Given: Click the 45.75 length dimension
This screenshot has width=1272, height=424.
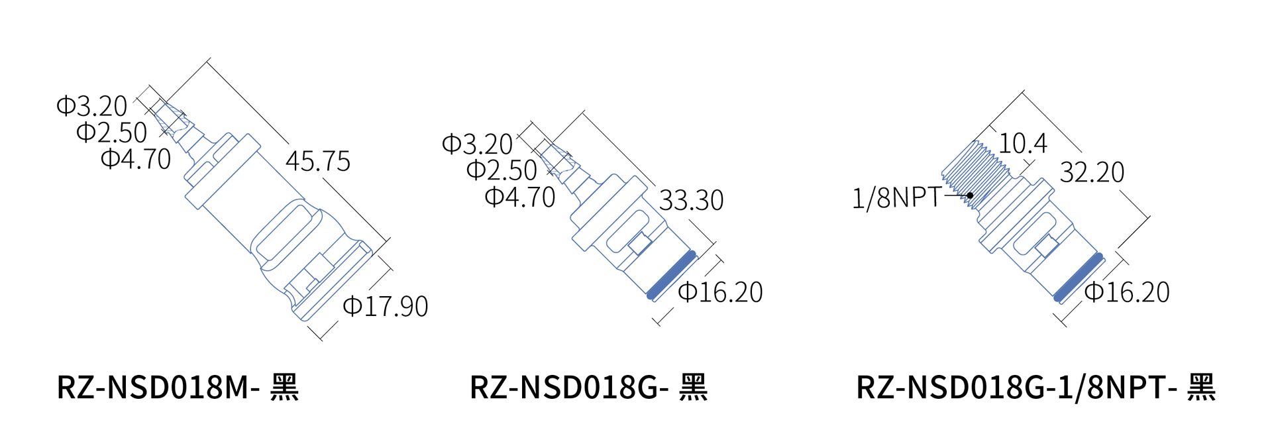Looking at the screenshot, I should pos(318,161).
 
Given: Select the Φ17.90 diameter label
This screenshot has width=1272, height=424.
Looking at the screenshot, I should pos(386,306).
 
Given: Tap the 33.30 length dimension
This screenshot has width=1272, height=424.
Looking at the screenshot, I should pos(691,200).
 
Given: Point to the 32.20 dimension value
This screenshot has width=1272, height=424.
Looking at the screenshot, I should pos(1092,172).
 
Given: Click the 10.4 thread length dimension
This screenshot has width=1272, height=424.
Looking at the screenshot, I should pos(1023,143).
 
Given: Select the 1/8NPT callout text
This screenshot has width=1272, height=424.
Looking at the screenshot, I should pos(896,197).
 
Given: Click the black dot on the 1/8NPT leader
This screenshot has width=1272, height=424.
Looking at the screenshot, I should pos(970,195).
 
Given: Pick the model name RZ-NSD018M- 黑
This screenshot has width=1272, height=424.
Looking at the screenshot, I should pos(178,388).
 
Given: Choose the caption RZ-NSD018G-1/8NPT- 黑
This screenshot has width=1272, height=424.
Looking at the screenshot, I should pos(1035,388).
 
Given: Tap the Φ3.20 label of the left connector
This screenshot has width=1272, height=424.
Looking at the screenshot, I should pos(91,106).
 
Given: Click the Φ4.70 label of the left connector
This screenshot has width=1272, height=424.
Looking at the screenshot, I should pos(136,159).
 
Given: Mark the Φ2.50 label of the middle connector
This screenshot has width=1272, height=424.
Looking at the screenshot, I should pos(502,170).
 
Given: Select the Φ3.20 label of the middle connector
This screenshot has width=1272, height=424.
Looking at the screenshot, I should pos(477,144).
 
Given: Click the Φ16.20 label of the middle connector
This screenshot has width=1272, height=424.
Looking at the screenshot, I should pos(720,292).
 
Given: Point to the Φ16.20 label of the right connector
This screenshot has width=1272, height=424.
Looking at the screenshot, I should pos(1127,292).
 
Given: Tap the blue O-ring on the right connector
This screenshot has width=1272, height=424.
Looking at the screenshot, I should pos(1079,277).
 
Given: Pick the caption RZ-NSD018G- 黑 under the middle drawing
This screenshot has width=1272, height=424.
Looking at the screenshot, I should pos(588,388).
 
